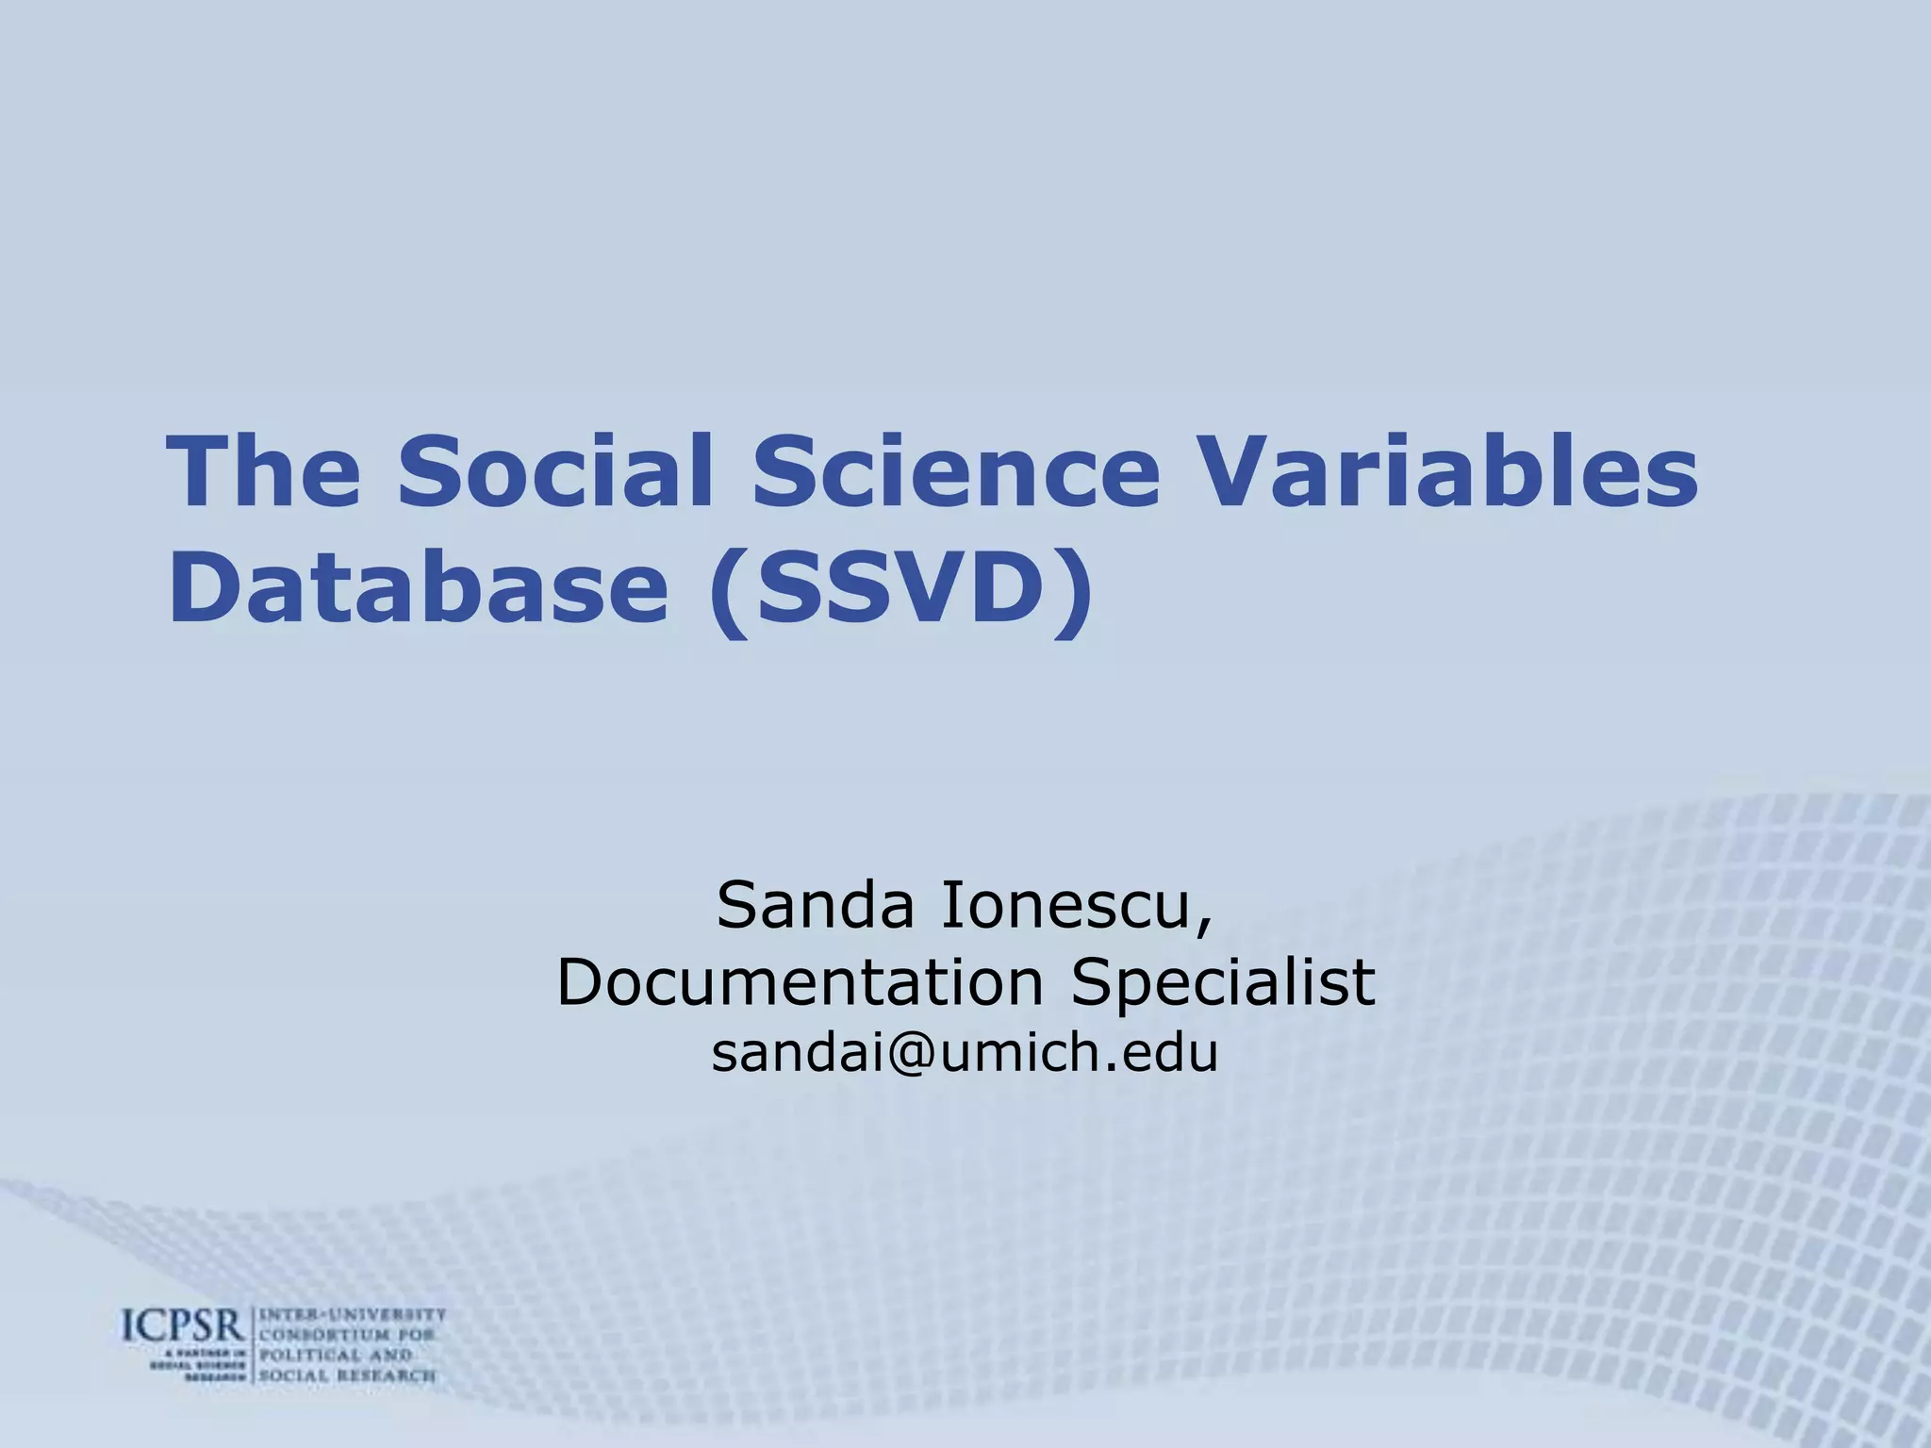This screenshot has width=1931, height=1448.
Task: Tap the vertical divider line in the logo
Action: pyautogui.click(x=252, y=1344)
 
